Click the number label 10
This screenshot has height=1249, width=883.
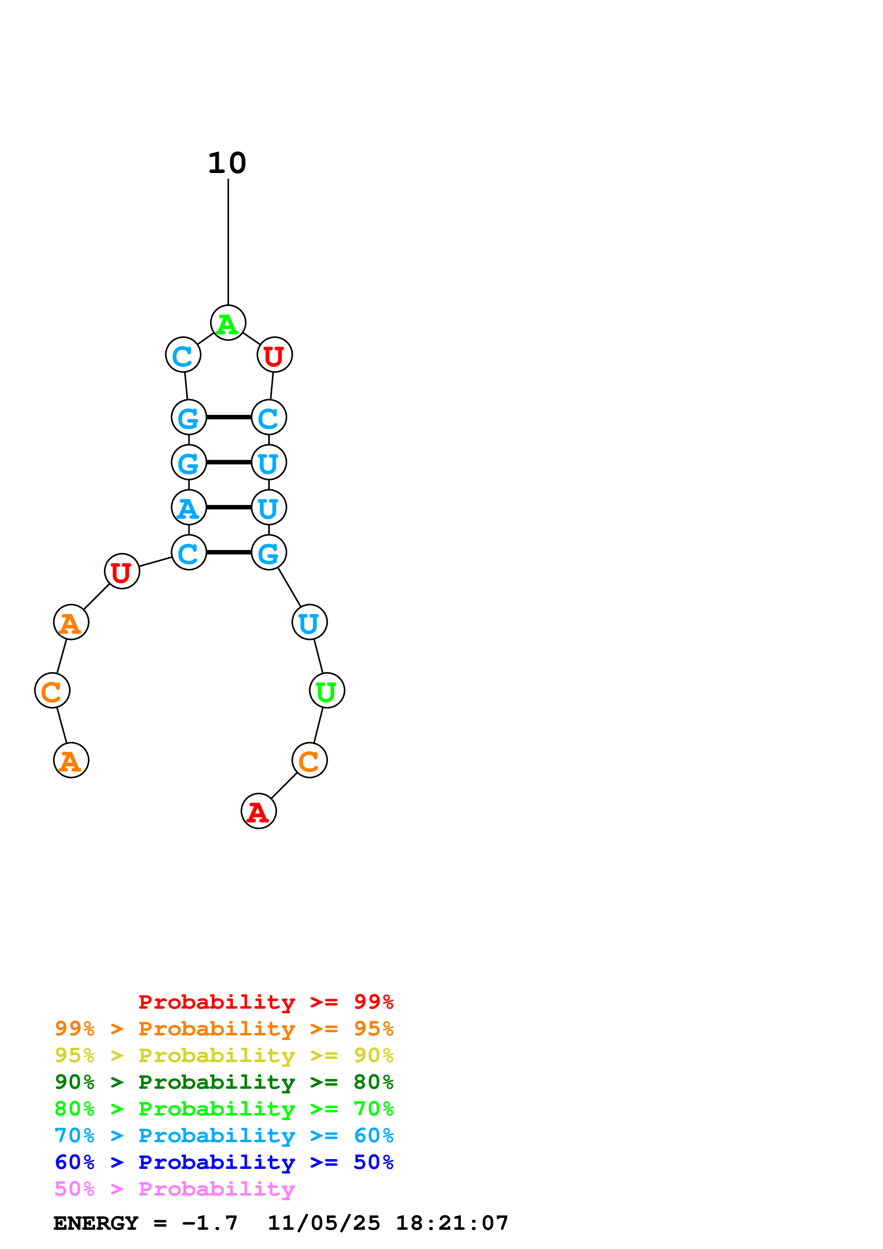pos(227,163)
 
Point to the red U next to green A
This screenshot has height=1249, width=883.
pos(274,355)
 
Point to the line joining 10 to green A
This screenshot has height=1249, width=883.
pos(228,242)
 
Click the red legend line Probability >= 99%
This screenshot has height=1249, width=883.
pos(265,1002)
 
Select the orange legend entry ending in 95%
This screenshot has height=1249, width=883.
pos(224,1029)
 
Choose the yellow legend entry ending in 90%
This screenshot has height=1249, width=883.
pos(224,1055)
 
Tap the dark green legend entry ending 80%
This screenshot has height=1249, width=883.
pos(224,1082)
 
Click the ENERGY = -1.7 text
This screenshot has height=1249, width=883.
pos(145,1223)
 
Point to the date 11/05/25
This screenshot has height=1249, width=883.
pos(324,1223)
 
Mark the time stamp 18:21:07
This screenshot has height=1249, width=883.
pos(452,1223)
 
